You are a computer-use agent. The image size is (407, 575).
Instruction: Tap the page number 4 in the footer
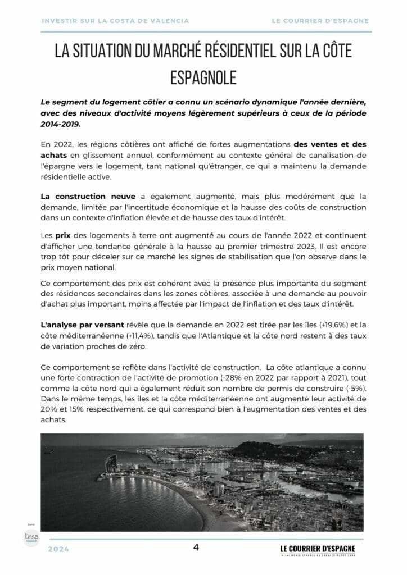[196, 547]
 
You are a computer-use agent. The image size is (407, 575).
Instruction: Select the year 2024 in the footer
[58, 549]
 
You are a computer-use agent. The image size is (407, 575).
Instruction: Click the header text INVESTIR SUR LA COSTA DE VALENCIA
[115, 21]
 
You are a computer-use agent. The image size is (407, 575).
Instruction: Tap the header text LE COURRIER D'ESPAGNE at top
[320, 21]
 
